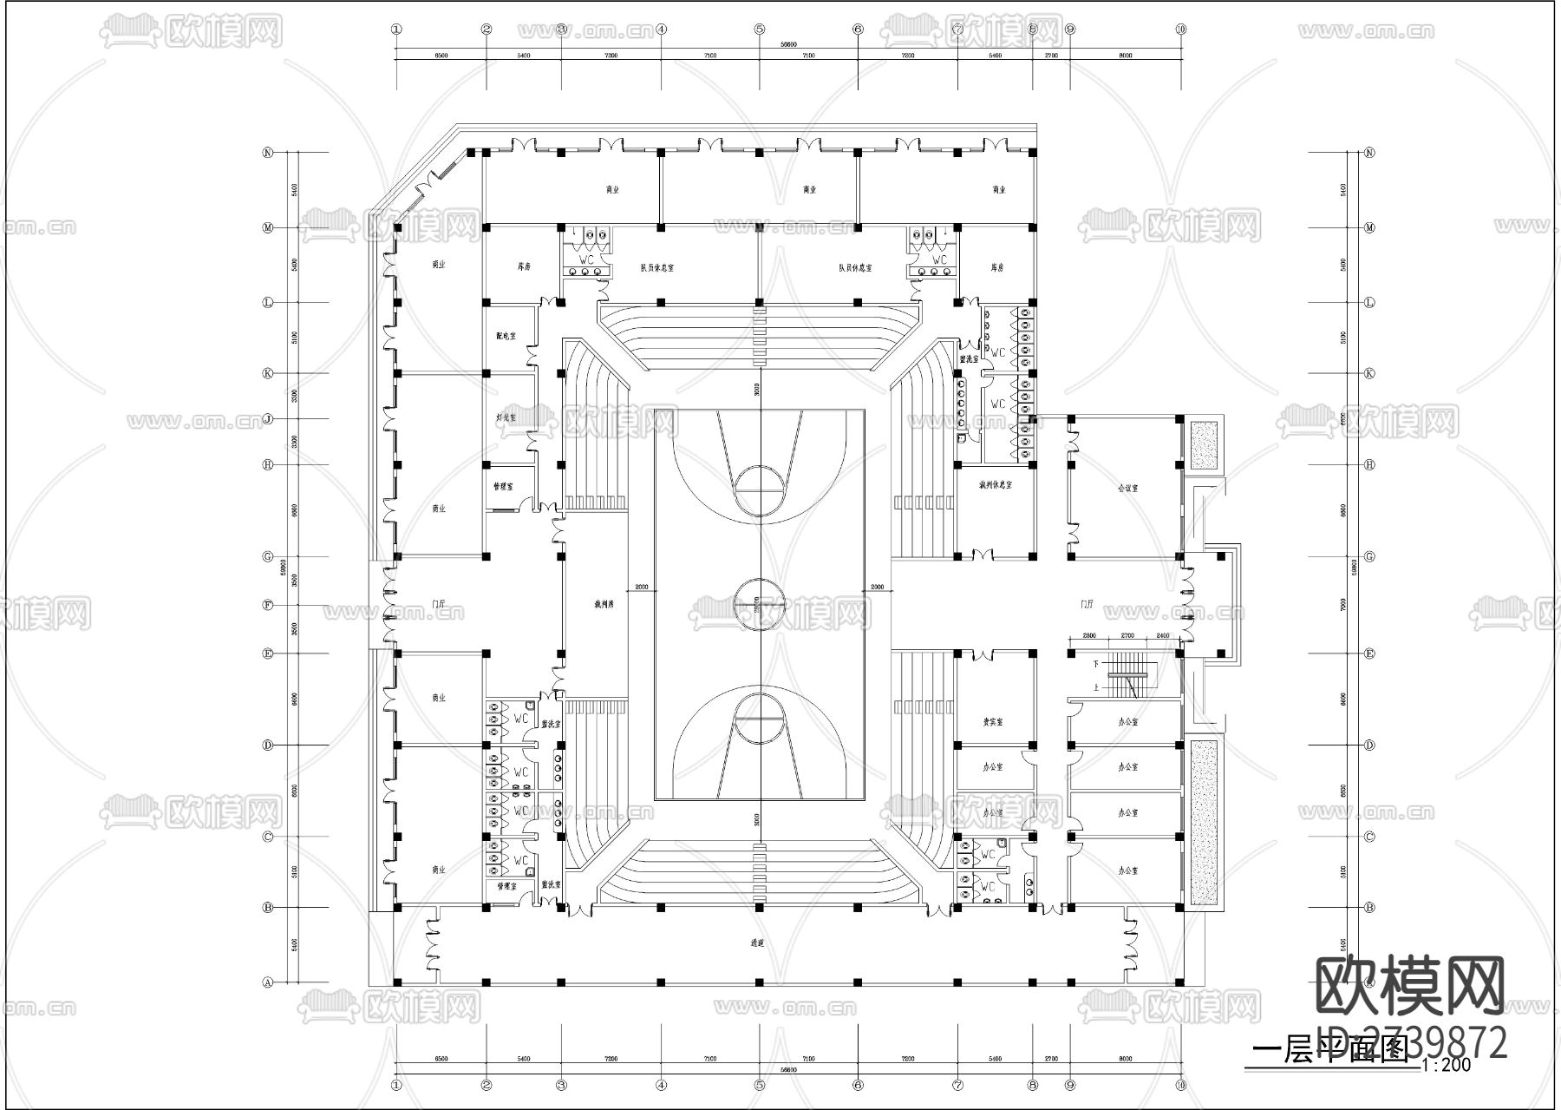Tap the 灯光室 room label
point(506,417)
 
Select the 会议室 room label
point(1127,488)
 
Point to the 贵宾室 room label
point(993,721)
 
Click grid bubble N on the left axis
point(268,153)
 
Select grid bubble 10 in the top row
point(1180,29)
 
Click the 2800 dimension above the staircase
point(1089,636)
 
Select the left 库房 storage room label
point(523,268)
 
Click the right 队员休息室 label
point(855,268)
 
